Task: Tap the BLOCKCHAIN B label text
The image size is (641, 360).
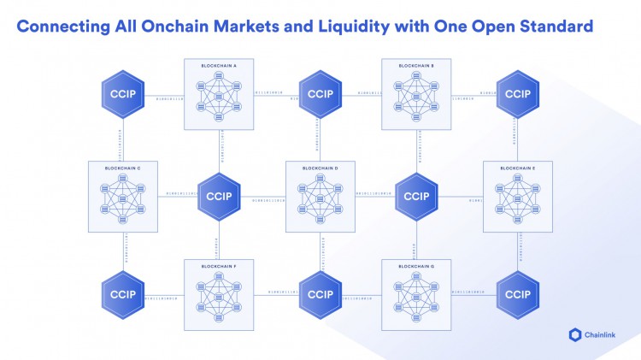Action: point(415,66)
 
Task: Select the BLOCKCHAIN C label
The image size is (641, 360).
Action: point(121,168)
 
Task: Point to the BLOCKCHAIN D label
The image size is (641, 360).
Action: point(320,168)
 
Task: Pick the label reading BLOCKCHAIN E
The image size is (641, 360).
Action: point(516,168)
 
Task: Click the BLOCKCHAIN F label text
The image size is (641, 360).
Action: point(219,267)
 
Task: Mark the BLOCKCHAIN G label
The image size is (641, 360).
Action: point(415,267)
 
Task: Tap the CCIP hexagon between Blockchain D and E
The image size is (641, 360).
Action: point(416,195)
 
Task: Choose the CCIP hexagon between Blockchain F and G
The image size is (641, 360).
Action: point(320,294)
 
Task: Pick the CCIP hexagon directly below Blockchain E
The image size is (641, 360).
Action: point(516,294)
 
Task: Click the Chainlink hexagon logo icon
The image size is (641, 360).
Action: point(573,335)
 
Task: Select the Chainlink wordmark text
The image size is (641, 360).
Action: point(603,335)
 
